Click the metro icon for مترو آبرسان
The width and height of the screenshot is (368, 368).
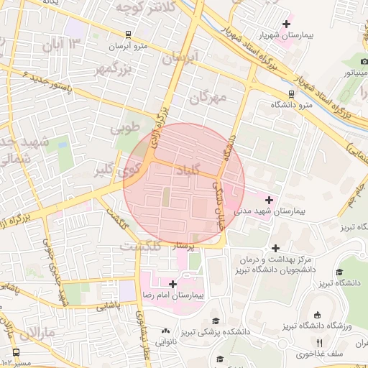(x=127, y=34)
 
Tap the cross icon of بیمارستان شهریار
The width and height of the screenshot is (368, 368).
(x=286, y=24)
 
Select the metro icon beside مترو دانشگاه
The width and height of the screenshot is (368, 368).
(x=291, y=93)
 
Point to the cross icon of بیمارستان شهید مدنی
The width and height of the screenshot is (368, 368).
(x=270, y=199)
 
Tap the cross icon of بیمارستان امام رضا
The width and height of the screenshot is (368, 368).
(x=172, y=284)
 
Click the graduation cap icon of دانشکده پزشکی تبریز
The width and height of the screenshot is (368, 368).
(x=215, y=321)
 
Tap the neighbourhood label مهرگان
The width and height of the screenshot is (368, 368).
(x=209, y=96)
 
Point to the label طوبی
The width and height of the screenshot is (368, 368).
(x=124, y=129)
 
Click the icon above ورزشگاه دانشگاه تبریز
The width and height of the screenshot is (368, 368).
(x=317, y=315)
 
